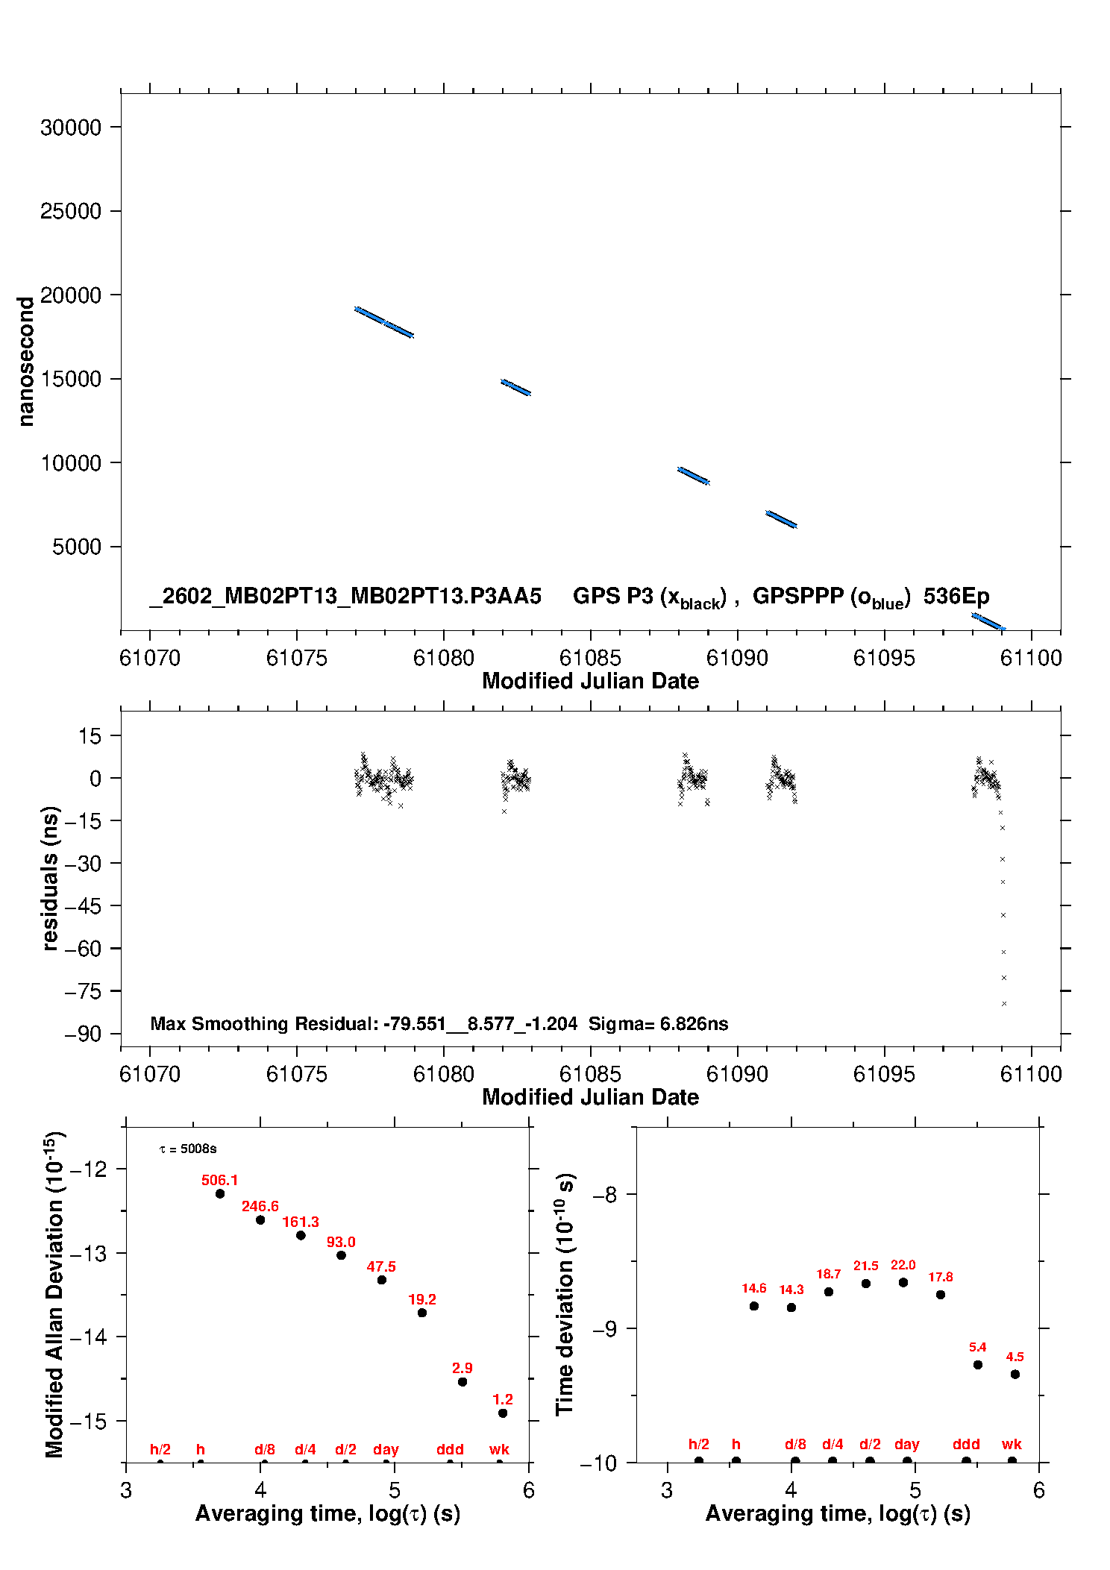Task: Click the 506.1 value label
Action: [x=219, y=1180]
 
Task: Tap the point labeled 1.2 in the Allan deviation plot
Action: [x=503, y=1413]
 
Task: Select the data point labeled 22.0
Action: [x=903, y=1282]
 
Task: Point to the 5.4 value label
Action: [x=977, y=1347]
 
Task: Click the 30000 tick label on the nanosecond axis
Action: [x=71, y=128]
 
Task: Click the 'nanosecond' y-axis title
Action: [x=26, y=362]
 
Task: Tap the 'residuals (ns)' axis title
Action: [x=50, y=878]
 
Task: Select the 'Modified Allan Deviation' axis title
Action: [x=54, y=1294]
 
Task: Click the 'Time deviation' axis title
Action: [x=565, y=1294]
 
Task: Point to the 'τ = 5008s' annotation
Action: [x=188, y=1149]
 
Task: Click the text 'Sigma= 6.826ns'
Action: [x=658, y=1023]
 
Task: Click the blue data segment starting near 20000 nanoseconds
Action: [x=383, y=322]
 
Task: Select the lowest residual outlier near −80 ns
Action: [x=1004, y=1003]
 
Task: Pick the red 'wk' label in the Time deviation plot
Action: [x=1012, y=1444]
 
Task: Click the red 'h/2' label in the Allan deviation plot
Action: [x=160, y=1449]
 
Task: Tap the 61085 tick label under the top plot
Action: [x=590, y=658]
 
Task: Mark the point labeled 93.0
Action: [x=341, y=1255]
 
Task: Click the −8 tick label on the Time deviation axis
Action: [x=604, y=1195]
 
